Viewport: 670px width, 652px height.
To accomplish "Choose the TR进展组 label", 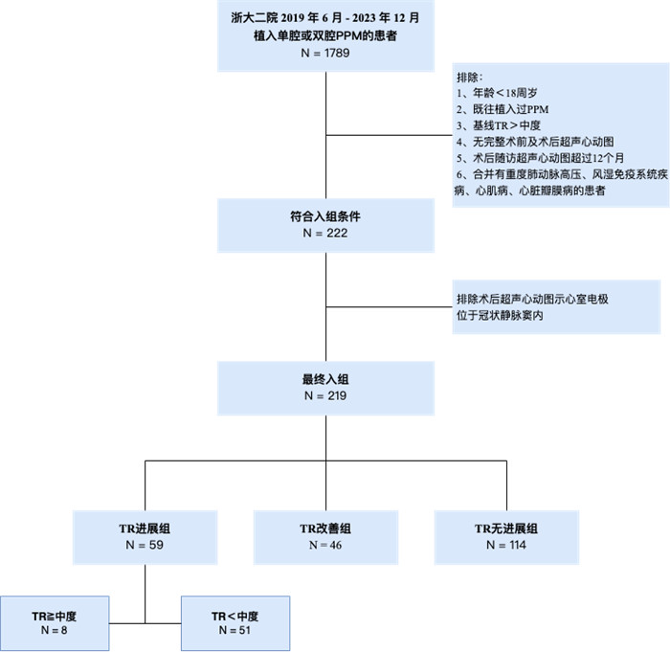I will (145, 528).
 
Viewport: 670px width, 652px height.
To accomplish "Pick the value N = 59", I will (145, 545).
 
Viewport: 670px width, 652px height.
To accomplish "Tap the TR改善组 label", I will (325, 528).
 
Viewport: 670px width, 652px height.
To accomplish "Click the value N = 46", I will (325, 545).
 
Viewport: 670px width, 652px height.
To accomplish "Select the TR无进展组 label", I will (506, 528).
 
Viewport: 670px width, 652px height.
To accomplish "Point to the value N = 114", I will (506, 545).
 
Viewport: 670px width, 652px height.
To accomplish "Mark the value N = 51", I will (234, 631).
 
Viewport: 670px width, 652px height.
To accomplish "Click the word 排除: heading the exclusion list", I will (470, 76).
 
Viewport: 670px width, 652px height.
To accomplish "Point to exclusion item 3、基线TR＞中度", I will (501, 125).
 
